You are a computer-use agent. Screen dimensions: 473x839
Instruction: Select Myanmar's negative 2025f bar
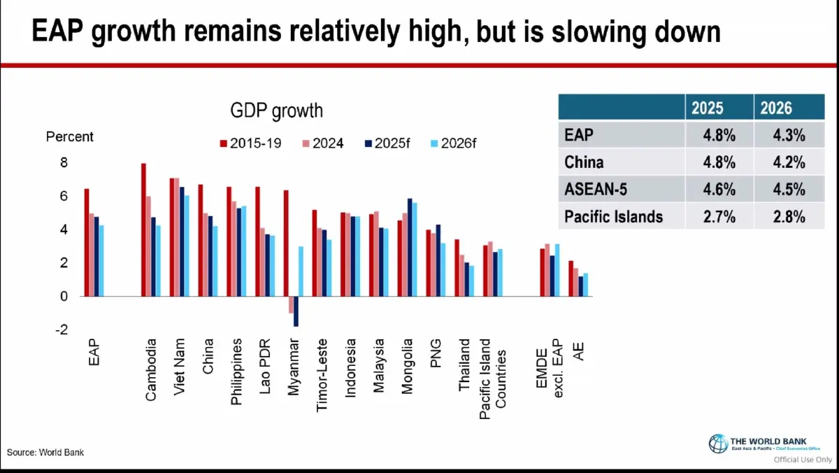[x=296, y=311]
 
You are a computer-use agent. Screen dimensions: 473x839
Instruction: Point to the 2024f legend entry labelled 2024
[x=321, y=143]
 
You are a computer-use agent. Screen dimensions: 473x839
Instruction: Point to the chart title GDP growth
[x=276, y=111]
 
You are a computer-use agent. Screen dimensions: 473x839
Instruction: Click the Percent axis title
[x=70, y=136]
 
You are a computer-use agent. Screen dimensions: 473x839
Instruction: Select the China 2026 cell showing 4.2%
[x=780, y=162]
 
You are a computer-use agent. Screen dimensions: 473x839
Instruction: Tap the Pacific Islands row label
[x=613, y=216]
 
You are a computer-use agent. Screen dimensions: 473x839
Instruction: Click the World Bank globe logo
[x=718, y=444]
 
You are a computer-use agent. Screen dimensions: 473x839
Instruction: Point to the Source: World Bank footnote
[x=45, y=452]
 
